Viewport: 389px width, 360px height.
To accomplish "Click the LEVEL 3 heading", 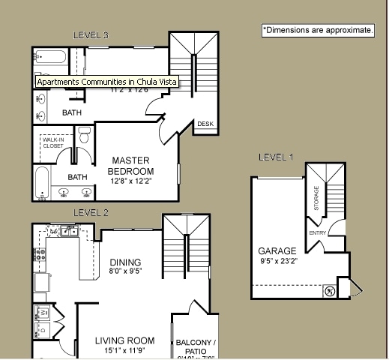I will [x=91, y=34].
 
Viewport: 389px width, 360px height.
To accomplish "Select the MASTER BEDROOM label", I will [x=132, y=166].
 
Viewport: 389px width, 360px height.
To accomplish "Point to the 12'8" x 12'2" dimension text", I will [x=132, y=181].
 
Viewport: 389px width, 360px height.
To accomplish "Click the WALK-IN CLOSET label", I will [x=52, y=142].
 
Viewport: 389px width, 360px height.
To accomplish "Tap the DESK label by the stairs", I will [x=205, y=124].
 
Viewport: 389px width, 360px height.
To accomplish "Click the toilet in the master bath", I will [x=85, y=136].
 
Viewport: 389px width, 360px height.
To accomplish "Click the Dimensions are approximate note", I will [x=318, y=30].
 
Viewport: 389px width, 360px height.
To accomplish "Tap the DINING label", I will [x=125, y=262].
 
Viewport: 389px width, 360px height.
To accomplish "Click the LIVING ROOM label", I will [x=124, y=341].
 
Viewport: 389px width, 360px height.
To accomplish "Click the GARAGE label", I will [x=277, y=250].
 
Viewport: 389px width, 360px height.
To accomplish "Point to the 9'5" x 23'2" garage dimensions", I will [x=277, y=262].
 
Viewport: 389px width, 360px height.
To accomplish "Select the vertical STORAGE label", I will [x=316, y=199].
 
